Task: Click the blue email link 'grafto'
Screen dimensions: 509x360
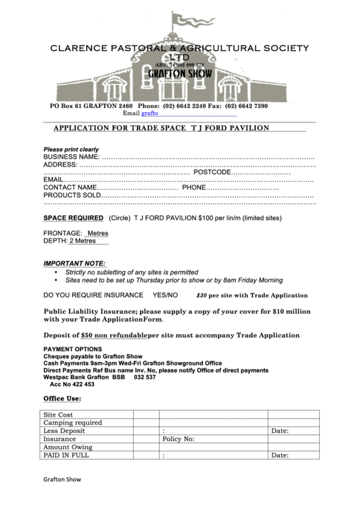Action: click(149, 113)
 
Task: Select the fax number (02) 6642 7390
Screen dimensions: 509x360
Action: click(247, 106)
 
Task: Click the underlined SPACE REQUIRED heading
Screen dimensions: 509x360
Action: click(73, 219)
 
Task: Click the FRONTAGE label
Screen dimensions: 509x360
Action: click(62, 233)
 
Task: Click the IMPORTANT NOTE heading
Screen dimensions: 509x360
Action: click(75, 263)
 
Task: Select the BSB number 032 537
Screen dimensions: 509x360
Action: click(145, 377)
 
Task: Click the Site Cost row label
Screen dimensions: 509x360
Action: click(58, 415)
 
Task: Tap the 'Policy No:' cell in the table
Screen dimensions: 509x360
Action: click(179, 439)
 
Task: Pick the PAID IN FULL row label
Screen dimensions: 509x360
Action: click(66, 455)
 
